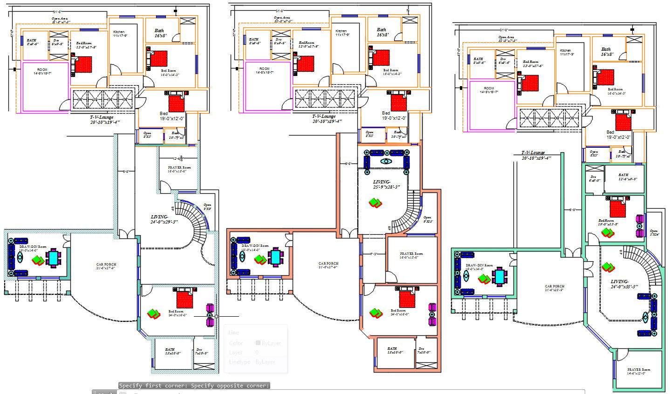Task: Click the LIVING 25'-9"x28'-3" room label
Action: pyautogui.click(x=386, y=184)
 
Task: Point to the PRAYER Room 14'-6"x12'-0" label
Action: pyautogui.click(x=638, y=371)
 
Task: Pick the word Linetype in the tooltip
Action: pyautogui.click(x=239, y=361)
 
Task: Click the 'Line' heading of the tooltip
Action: pyautogui.click(x=233, y=333)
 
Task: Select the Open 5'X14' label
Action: pyautogui.click(x=654, y=233)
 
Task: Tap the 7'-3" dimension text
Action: pyautogui.click(x=374, y=254)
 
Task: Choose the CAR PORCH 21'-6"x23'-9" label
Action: pyautogui.click(x=554, y=288)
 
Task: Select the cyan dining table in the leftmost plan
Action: pyautogui.click(x=54, y=258)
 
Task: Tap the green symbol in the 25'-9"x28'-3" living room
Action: pyautogui.click(x=376, y=203)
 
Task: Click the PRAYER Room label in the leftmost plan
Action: pyautogui.click(x=179, y=169)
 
